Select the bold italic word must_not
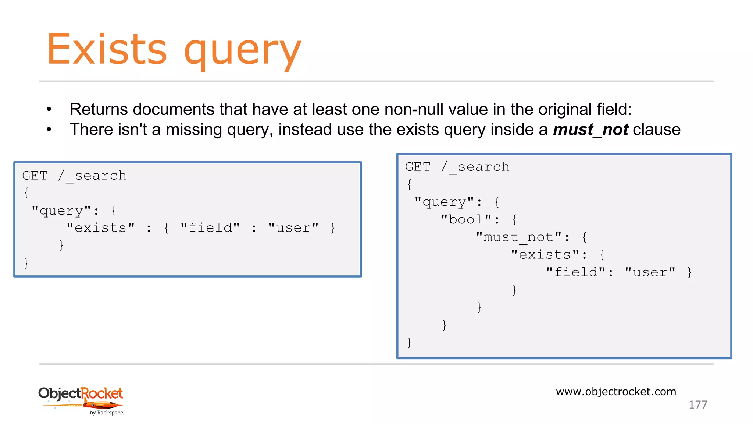coord(590,130)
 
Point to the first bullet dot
coord(49,109)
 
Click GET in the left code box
coord(35,176)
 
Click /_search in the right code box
coord(475,167)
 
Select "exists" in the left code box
coord(101,228)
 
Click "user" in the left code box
coord(293,228)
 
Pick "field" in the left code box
coord(210,228)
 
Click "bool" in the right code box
coord(466,220)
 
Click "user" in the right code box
coord(650,272)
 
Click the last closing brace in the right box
coord(409,342)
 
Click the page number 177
coord(697,405)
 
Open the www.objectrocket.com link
coord(616,392)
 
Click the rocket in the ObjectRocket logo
coord(103,405)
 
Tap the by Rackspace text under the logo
coord(107,413)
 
